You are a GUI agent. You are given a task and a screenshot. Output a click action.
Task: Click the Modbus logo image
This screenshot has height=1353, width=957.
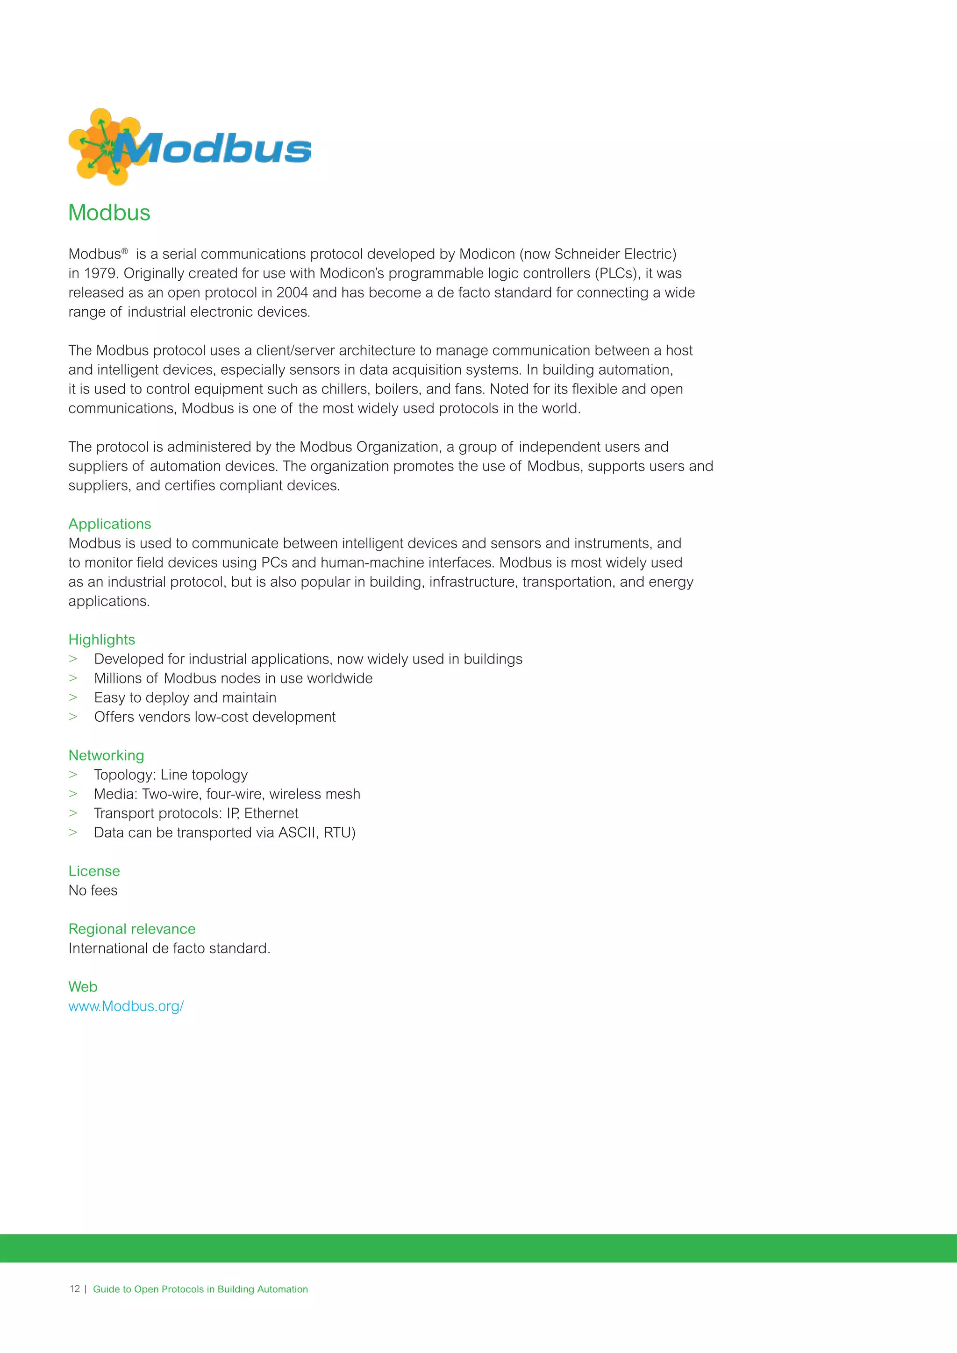tap(190, 147)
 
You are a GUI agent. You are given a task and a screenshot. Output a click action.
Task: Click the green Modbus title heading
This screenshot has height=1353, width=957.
tap(110, 213)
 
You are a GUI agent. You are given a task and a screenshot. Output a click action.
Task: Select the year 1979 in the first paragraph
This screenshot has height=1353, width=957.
tap(100, 273)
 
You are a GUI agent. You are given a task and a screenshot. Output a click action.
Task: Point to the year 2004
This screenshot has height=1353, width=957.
tap(292, 293)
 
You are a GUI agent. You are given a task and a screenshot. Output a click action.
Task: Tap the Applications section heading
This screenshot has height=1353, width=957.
tap(110, 524)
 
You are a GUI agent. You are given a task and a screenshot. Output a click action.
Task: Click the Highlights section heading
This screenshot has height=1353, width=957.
tap(101, 640)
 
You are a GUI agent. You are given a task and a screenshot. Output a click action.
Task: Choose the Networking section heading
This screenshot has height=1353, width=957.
tap(106, 755)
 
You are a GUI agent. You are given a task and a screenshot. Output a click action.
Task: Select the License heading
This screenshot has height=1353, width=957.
tap(94, 871)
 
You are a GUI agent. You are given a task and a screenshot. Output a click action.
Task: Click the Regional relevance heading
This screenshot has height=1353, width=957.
tap(132, 929)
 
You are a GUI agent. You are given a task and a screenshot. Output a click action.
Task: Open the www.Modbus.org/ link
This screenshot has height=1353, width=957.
tap(126, 1006)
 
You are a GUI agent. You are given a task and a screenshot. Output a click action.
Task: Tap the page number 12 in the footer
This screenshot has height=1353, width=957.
tap(74, 1289)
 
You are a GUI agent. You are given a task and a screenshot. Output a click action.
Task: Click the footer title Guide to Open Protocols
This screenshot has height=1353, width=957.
tap(200, 1289)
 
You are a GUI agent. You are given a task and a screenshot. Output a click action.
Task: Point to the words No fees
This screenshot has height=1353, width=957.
tap(93, 890)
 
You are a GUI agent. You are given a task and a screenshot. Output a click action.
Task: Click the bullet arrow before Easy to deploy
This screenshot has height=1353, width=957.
tap(73, 698)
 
